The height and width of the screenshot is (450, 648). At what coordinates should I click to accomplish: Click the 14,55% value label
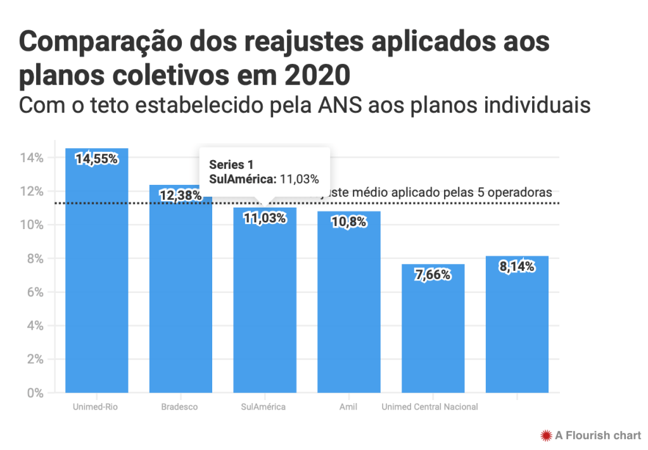[x=97, y=159]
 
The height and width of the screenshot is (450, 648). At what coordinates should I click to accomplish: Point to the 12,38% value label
[x=181, y=196]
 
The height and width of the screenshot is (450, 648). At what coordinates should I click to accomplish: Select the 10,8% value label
[x=348, y=222]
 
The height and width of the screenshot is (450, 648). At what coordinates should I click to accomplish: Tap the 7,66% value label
[x=433, y=275]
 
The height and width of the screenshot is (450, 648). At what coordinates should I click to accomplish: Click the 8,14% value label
[x=517, y=266]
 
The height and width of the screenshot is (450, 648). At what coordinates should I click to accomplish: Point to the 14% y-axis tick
[x=32, y=158]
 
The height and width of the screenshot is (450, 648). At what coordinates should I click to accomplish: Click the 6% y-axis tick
[x=34, y=292]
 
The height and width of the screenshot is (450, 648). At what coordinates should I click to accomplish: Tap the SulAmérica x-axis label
[x=264, y=407]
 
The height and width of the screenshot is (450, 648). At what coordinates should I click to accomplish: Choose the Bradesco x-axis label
[x=180, y=407]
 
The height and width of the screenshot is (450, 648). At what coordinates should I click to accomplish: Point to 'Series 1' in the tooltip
[x=227, y=165]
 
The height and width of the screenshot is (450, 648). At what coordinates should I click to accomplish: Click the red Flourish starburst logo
[x=545, y=435]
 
